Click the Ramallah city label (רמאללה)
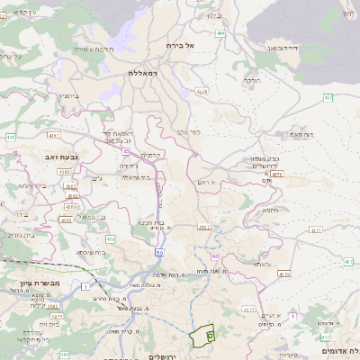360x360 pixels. coord(143,72)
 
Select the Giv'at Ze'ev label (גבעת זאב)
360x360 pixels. coord(62,157)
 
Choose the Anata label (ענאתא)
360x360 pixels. coord(262,264)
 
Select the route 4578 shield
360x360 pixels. coord(202,91)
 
